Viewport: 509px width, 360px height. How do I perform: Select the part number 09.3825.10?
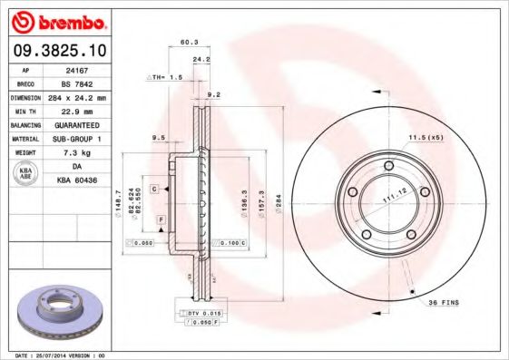(x=57, y=53)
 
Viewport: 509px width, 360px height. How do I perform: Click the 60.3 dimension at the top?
(x=190, y=41)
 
